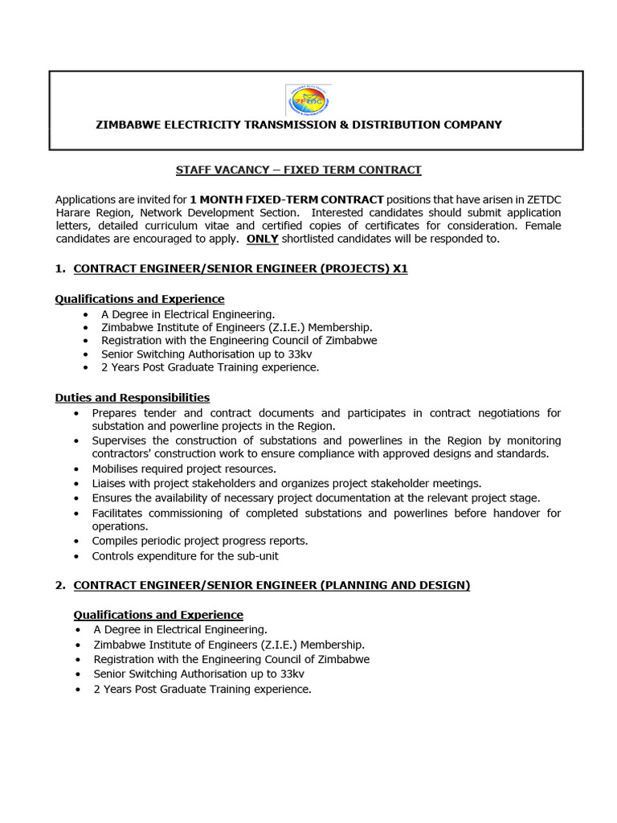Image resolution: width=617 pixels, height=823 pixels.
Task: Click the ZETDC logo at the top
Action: pyautogui.click(x=308, y=100)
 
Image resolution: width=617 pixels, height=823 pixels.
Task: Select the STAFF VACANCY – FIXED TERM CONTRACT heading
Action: pyautogui.click(x=298, y=170)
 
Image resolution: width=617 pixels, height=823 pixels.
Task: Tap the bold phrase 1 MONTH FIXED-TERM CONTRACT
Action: pyautogui.click(x=287, y=199)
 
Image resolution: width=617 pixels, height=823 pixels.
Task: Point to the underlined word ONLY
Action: pyautogui.click(x=262, y=239)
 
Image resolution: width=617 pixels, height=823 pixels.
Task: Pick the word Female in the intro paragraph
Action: pyautogui.click(x=541, y=226)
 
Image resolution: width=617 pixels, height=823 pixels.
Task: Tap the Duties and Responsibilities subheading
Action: pyautogui.click(x=132, y=398)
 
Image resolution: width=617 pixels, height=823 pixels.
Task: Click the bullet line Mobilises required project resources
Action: pyautogui.click(x=184, y=469)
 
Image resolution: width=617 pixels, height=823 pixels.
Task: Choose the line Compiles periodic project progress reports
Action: pyautogui.click(x=200, y=541)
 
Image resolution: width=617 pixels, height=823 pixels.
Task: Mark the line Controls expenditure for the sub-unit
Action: pyautogui.click(x=185, y=555)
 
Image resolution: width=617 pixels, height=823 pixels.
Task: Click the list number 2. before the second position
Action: pyautogui.click(x=60, y=585)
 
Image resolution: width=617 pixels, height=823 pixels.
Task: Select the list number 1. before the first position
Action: pyautogui.click(x=60, y=269)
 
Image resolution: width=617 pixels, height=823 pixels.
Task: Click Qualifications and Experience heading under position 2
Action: pyautogui.click(x=158, y=615)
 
